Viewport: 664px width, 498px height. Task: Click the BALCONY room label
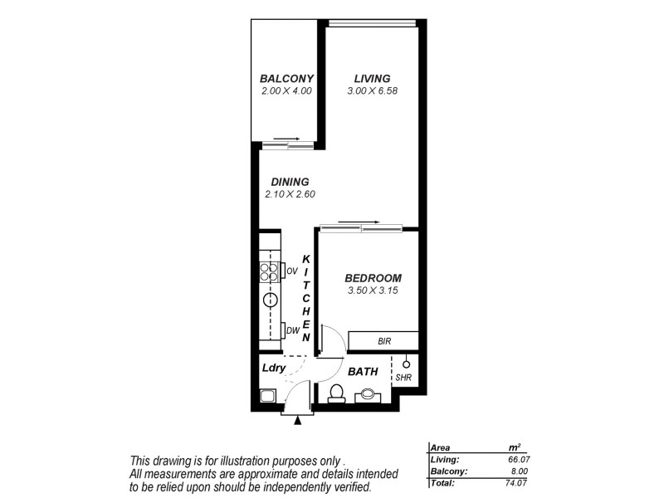[x=285, y=79]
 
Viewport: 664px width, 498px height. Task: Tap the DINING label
[x=290, y=182]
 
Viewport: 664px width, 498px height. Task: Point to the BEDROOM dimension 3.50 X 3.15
[x=373, y=290]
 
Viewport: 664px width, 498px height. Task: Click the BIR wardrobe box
[x=383, y=341]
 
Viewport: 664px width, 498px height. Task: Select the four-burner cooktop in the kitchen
[x=271, y=273]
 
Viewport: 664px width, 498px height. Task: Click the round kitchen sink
[x=271, y=300]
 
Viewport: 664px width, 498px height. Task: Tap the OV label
[x=291, y=271]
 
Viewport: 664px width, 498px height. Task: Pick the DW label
[x=292, y=331]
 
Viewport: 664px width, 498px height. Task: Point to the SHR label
[x=404, y=378]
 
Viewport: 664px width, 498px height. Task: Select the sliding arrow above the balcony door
[x=286, y=139]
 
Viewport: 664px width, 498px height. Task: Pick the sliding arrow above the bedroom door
[x=359, y=222]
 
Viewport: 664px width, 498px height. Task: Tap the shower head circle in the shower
[x=406, y=363]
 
